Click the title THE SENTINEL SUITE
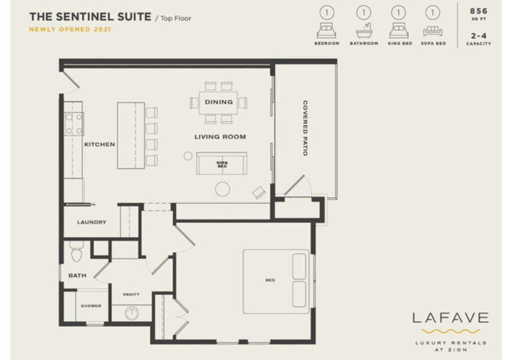point(90,16)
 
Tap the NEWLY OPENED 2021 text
point(70,29)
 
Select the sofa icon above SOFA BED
point(432,31)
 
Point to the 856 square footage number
point(478,11)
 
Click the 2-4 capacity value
point(478,35)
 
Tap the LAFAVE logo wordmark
point(450,317)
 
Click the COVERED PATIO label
point(305,128)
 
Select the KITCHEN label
point(99,144)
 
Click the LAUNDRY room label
point(92,222)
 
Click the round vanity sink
point(131,313)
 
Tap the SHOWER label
point(91,306)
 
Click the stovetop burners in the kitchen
point(74,124)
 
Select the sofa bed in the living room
point(221,163)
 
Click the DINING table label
point(219,102)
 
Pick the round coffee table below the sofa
point(222,189)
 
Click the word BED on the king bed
point(270,280)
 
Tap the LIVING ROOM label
point(220,137)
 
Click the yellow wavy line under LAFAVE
point(450,331)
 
